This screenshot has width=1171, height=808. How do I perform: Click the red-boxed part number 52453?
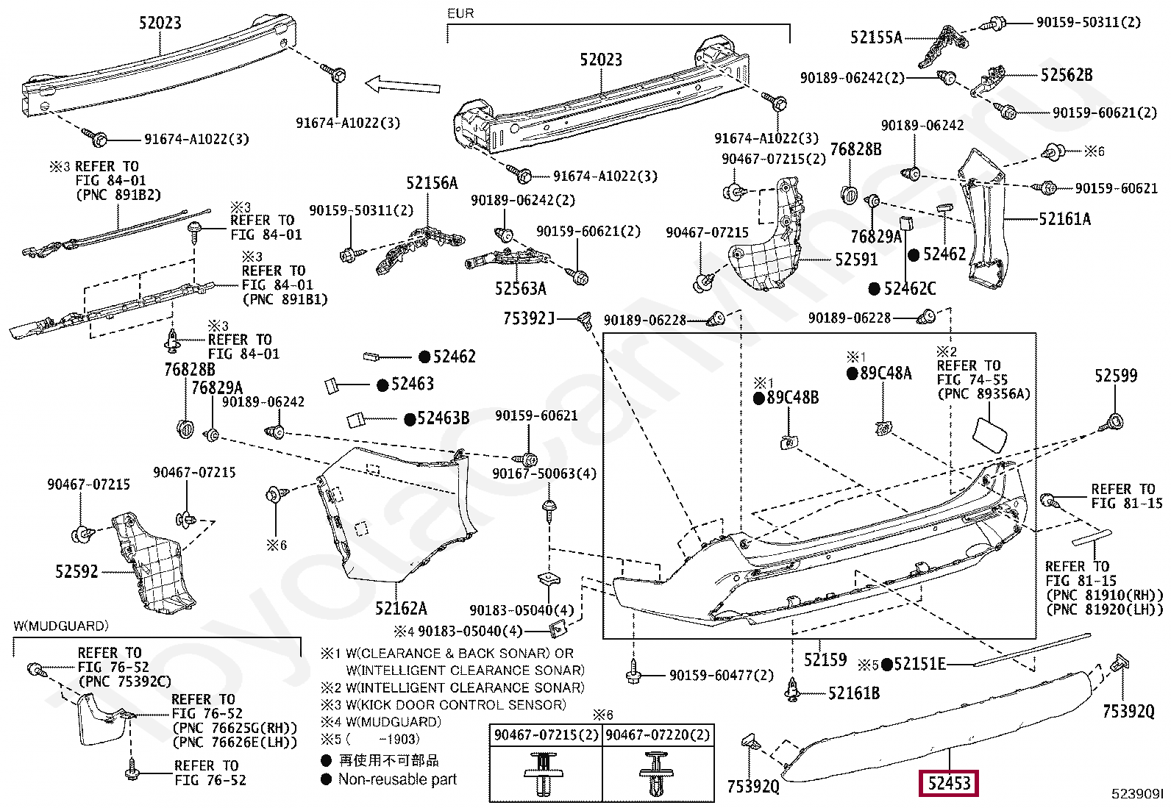[949, 783]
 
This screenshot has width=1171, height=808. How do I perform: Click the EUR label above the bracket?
[460, 13]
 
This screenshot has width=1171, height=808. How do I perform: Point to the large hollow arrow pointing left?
[402, 85]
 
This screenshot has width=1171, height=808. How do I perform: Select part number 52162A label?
[401, 608]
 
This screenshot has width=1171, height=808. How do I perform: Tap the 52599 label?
[1115, 376]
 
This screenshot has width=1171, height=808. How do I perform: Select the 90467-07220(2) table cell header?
[658, 734]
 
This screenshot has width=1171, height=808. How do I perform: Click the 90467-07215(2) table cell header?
[546, 734]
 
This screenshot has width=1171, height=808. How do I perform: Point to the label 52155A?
[875, 37]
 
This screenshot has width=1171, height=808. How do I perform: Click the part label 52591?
[856, 260]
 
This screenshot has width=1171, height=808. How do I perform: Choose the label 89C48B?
[792, 398]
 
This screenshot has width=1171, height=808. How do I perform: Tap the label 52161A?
[1064, 219]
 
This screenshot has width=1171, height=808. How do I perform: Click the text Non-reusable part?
[397, 779]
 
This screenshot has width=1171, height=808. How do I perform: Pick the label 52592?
[76, 571]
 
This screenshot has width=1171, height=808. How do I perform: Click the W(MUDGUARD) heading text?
[61, 626]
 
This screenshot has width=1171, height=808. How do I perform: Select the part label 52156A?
[432, 183]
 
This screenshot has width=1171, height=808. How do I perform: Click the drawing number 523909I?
[1137, 793]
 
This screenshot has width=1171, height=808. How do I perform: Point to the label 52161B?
[853, 693]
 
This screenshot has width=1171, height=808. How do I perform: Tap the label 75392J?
[528, 318]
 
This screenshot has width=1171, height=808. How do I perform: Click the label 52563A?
[520, 289]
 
